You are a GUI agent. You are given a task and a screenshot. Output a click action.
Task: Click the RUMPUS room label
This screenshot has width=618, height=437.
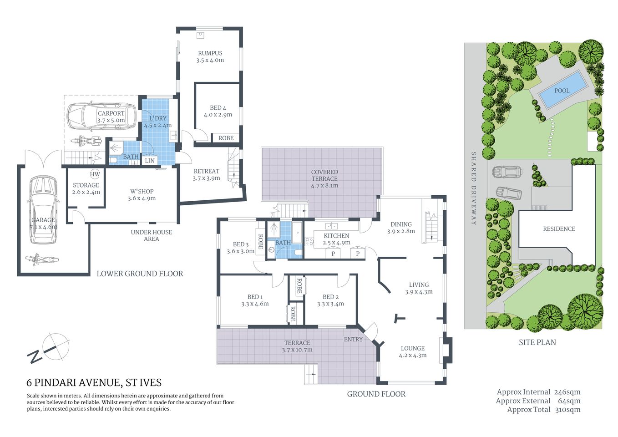(x=210, y=53)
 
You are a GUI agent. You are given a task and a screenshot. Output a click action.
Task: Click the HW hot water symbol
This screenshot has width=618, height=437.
(x=95, y=174)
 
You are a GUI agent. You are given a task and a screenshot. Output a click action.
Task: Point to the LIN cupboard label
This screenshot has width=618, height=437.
(x=150, y=161)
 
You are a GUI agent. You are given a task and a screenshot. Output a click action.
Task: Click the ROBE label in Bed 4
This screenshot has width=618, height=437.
(x=226, y=138)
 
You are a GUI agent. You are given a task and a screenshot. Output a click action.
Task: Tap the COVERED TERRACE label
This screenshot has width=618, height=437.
(x=324, y=175)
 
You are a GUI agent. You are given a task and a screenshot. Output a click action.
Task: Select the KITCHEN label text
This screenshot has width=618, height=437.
(x=336, y=236)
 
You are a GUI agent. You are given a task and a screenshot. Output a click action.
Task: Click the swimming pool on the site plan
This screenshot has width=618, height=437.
(x=562, y=90)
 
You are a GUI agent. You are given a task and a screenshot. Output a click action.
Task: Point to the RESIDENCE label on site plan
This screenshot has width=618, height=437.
(x=559, y=229)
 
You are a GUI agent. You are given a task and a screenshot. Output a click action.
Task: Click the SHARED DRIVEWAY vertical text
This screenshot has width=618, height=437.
(x=473, y=188)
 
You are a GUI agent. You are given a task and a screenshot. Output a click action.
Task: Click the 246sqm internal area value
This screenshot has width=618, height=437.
(x=567, y=392)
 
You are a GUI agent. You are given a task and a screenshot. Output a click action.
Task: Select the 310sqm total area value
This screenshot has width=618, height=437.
(x=567, y=409)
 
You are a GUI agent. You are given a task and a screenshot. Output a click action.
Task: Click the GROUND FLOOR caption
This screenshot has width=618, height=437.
(x=376, y=394)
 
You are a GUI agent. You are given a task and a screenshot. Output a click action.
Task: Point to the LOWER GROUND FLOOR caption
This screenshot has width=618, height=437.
(x=140, y=274)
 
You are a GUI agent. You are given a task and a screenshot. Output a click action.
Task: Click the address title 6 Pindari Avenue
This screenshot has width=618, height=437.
(x=94, y=383)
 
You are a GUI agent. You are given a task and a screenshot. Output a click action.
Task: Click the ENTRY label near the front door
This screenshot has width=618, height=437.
(x=353, y=339)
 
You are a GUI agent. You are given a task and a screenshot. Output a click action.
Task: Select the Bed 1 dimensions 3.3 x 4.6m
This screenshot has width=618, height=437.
(x=255, y=304)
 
